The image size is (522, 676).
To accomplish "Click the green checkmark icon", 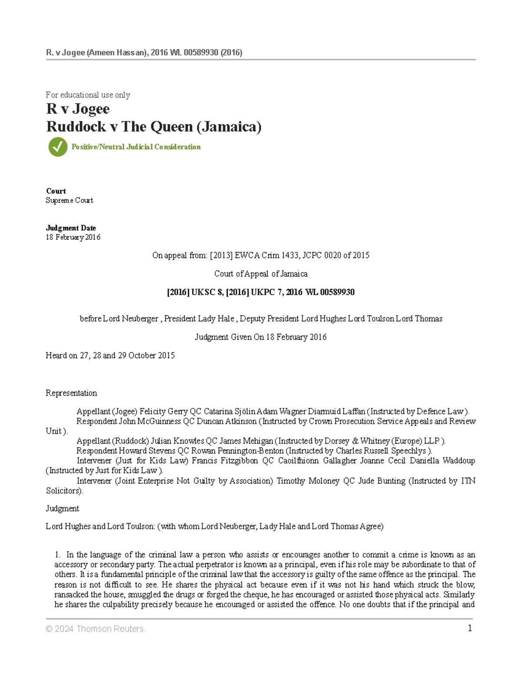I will coord(58,147).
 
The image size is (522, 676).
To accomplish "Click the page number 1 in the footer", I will coord(469,628).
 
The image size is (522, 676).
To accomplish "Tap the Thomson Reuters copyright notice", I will coord(96,629).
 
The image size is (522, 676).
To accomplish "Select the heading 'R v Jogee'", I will coord(78,109).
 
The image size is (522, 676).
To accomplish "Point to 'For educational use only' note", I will coord(88,95).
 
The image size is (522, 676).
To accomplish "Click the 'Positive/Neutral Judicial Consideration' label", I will coord(136,147).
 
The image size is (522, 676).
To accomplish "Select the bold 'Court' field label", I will coord(56,191).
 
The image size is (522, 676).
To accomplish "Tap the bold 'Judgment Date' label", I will coord(71,228).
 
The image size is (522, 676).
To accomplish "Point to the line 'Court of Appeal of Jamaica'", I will coord(261,274).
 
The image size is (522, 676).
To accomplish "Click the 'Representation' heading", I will coord(71,393).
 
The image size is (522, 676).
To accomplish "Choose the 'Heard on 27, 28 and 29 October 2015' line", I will coord(110,356).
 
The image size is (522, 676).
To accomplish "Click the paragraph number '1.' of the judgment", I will coord(57,555).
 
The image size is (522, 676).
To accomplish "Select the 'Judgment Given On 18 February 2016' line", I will coord(261,337).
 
